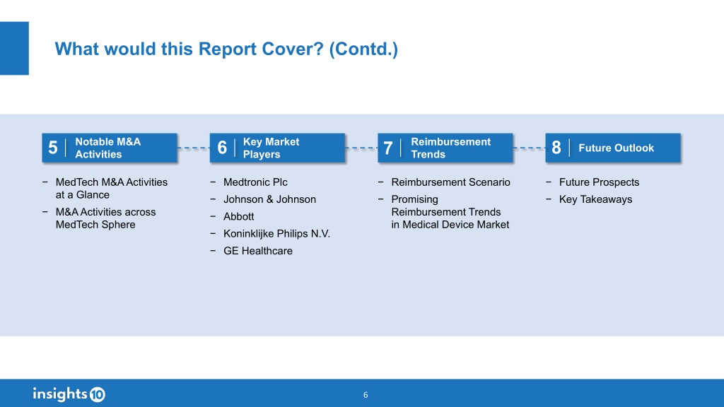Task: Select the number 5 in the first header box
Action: point(53,148)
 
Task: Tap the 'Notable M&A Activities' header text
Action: point(108,148)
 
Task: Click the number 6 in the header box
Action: point(222,148)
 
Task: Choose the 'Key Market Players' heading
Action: point(271,148)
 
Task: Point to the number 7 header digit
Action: point(388,148)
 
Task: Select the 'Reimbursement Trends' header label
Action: point(450,148)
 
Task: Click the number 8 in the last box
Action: point(556,148)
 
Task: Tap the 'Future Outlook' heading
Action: point(616,148)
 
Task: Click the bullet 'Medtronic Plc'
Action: point(255,182)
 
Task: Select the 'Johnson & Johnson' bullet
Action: point(269,199)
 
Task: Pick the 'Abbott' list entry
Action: point(239,216)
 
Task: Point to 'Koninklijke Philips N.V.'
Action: point(276,233)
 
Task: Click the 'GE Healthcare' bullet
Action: point(257,251)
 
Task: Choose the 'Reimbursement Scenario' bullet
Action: point(450,182)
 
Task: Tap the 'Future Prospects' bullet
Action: point(599,182)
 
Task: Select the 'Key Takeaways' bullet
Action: point(595,199)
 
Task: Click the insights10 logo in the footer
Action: point(69,394)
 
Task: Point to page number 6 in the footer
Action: point(366,395)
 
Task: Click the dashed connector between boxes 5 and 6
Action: point(194,148)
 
